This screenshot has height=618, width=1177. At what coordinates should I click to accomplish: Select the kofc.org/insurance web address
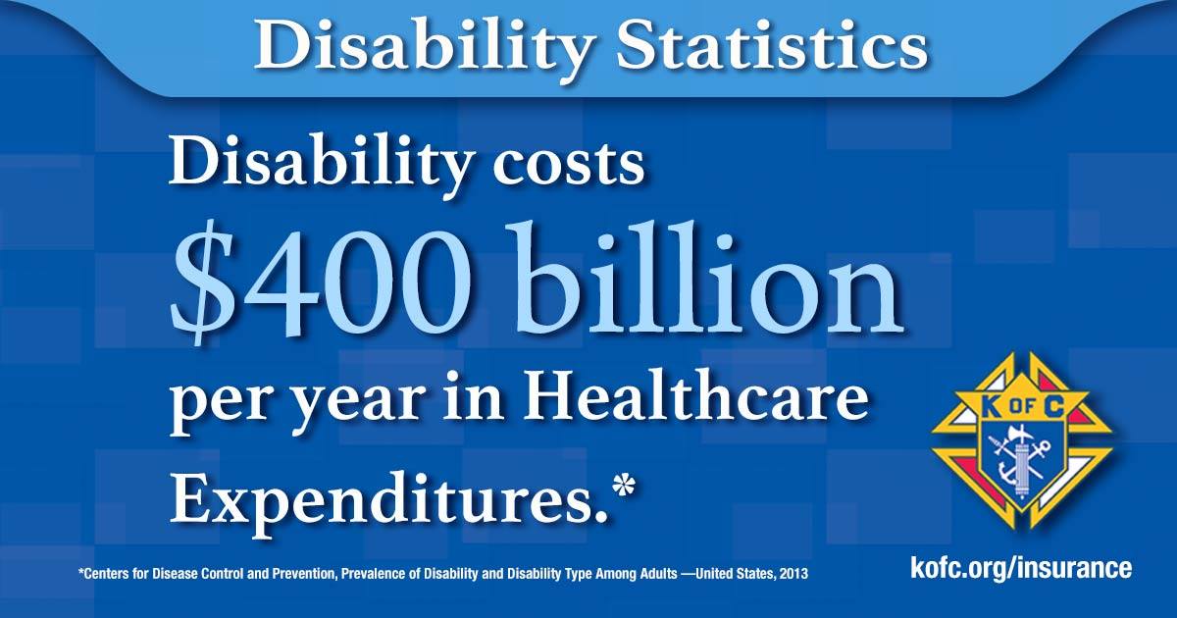(x=1021, y=569)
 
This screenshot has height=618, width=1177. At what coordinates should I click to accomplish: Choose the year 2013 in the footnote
(x=793, y=573)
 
